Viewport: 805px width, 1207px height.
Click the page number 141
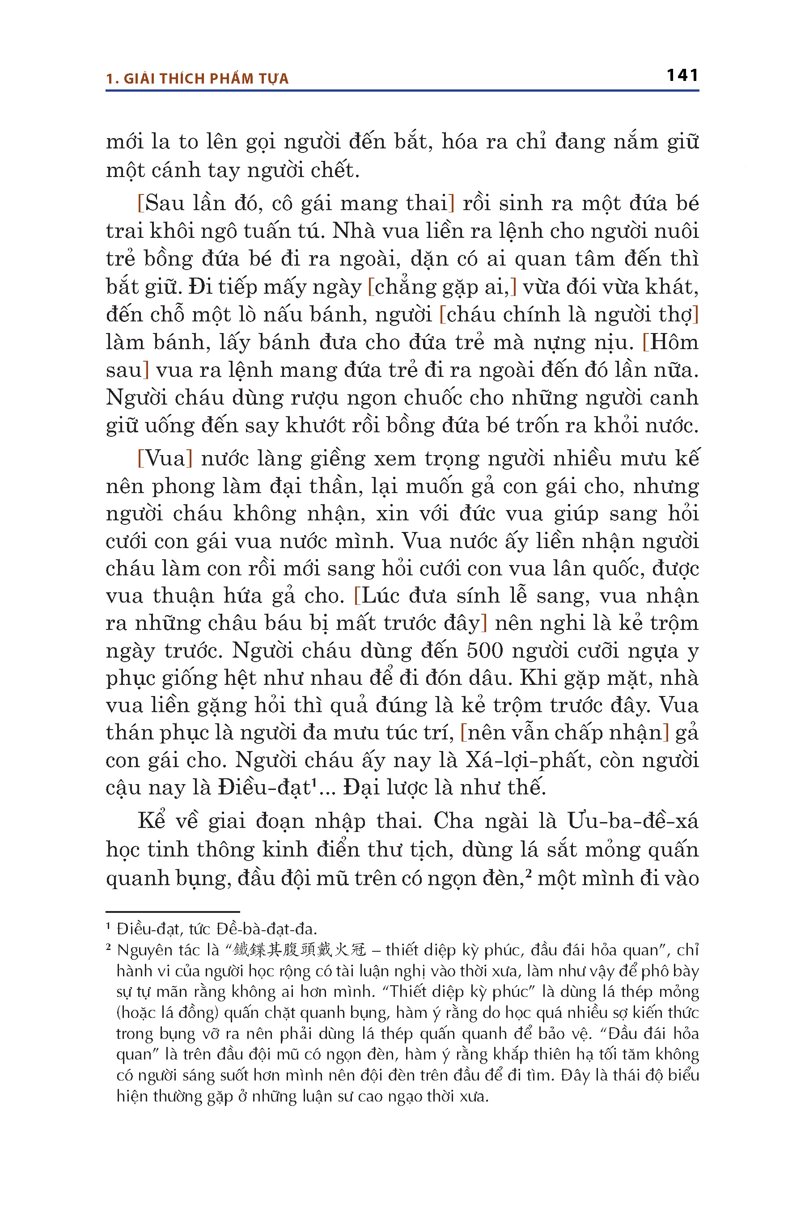682,76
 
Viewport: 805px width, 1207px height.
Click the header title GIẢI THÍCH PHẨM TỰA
206,79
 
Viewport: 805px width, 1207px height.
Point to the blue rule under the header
402,91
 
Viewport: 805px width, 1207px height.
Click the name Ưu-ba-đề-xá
632,821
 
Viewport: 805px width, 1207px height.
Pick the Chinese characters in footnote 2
299,950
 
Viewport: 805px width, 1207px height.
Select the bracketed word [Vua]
165,458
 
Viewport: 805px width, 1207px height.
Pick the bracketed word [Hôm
670,342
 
